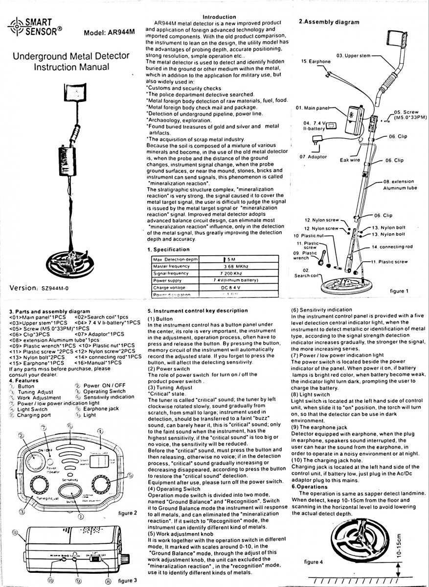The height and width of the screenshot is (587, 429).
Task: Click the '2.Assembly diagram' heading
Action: pos(329,22)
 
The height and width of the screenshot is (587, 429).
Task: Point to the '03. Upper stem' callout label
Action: pos(353,55)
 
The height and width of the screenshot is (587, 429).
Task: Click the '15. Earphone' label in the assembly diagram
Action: pos(316,61)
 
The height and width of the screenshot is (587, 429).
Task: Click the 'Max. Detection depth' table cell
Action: pos(175,259)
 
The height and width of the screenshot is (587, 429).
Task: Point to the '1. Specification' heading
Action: pos(169,250)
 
